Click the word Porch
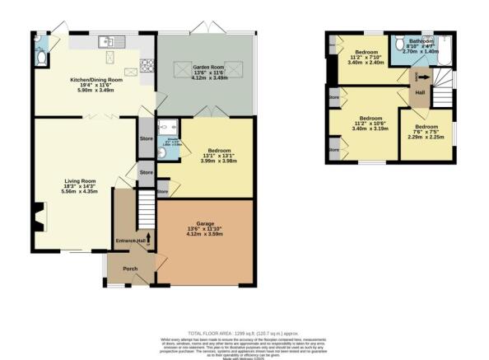(129, 269)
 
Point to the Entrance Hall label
(129, 241)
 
